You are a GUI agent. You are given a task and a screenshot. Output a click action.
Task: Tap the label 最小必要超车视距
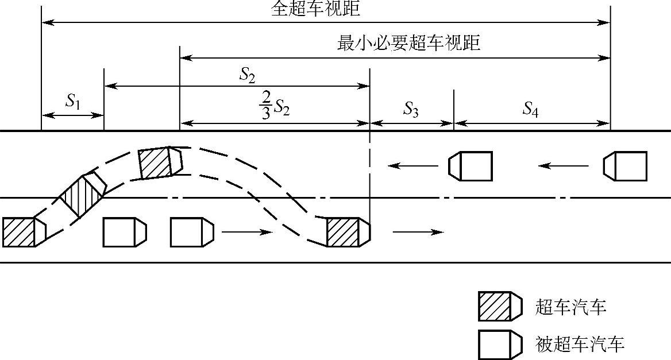(x=408, y=44)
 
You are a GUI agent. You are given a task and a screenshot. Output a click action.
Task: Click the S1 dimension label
(x=72, y=102)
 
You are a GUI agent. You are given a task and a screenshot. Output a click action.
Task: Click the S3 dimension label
(x=410, y=109)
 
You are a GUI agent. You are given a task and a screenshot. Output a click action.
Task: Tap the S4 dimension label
(x=530, y=109)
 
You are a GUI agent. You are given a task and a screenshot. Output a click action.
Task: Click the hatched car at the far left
(x=24, y=231)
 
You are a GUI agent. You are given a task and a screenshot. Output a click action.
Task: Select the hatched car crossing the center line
(x=84, y=192)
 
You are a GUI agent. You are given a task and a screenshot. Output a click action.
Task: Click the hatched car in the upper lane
(x=160, y=162)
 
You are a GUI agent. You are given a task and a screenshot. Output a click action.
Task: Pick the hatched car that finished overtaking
(x=348, y=232)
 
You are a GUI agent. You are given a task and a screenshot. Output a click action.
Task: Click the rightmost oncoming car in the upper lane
(x=625, y=166)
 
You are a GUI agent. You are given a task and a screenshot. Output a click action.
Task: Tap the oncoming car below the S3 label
(x=471, y=166)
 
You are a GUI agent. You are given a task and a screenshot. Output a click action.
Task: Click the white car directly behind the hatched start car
(x=124, y=232)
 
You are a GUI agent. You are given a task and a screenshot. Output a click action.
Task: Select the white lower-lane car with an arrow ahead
(x=192, y=232)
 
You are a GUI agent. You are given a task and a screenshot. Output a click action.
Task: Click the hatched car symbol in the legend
(x=500, y=306)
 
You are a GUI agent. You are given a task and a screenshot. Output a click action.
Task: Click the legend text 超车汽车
(x=571, y=307)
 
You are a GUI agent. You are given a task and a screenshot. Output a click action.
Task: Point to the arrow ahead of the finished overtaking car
(x=418, y=232)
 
